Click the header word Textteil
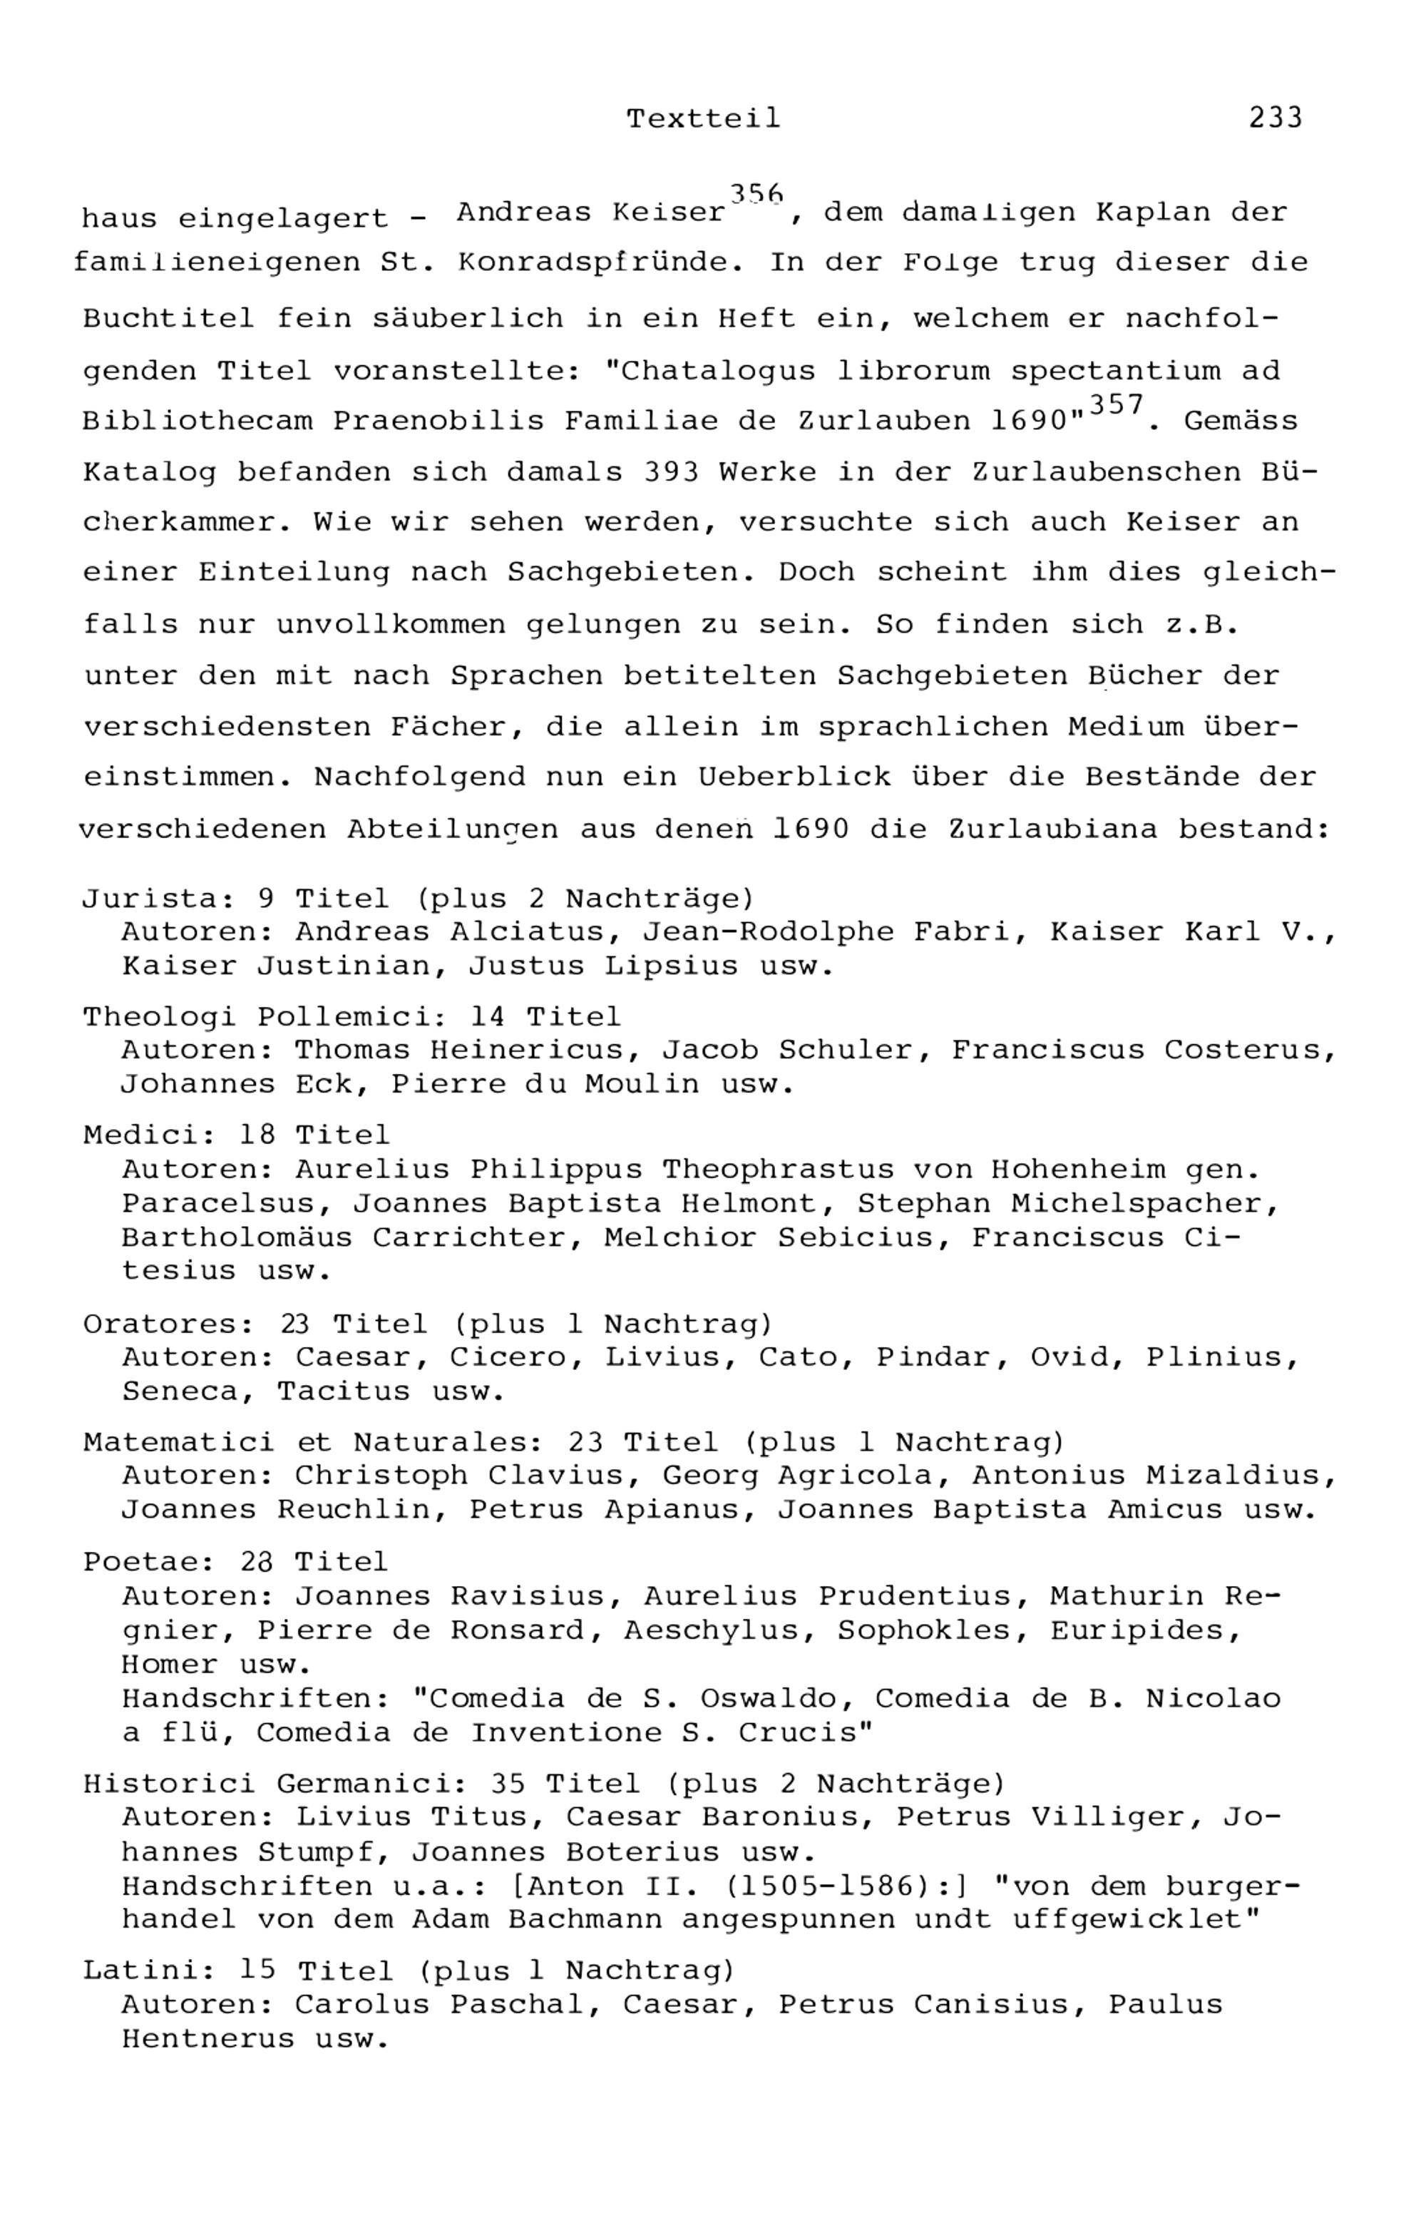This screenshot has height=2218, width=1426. tap(704, 118)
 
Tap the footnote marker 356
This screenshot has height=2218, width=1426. tap(756, 193)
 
